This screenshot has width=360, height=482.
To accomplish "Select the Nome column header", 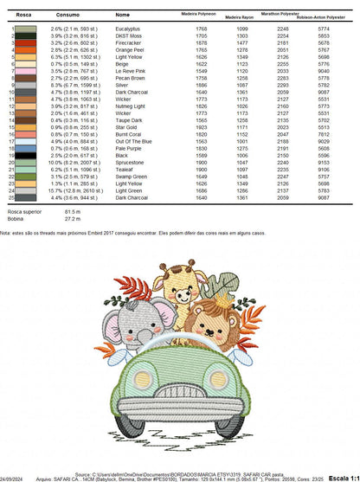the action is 122,15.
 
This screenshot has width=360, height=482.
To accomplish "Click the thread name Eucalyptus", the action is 130,29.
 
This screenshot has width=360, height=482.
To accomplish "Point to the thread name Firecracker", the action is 130,42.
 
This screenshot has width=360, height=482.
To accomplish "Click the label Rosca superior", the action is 25,211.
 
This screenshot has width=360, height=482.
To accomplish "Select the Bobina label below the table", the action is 16,219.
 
